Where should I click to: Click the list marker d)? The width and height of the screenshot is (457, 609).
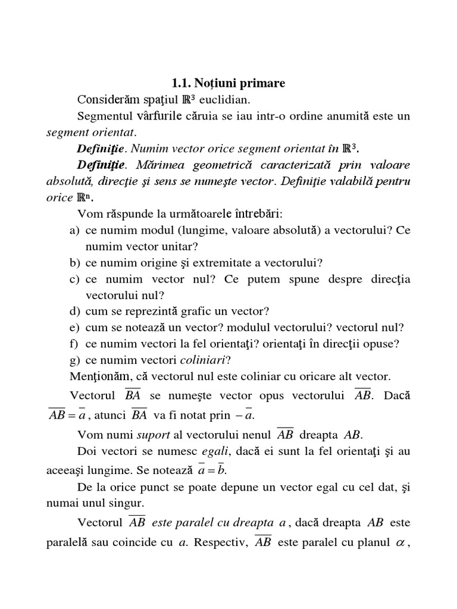click(74, 311)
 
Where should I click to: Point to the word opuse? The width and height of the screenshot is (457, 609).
click(384, 343)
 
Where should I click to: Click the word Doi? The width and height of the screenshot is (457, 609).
click(86, 451)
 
